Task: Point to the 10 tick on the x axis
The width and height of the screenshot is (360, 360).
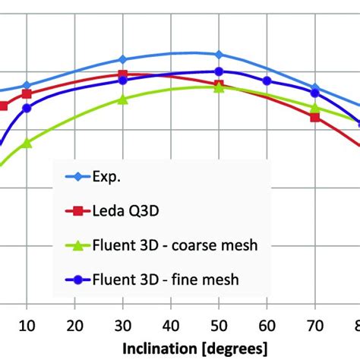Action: (27, 326)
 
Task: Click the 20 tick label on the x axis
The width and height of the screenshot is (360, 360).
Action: (74, 326)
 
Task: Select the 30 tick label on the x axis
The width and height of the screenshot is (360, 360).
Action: (122, 326)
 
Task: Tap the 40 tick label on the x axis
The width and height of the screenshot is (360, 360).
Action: (171, 326)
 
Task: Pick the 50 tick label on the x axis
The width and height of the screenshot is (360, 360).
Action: (219, 326)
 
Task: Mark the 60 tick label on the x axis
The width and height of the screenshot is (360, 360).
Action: (267, 326)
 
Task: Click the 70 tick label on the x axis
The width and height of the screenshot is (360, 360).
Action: (314, 326)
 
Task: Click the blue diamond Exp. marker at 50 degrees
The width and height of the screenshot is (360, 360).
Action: (219, 55)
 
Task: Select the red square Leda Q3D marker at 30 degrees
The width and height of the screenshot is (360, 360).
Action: (122, 74)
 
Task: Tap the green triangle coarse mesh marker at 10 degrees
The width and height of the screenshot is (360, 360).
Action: (27, 143)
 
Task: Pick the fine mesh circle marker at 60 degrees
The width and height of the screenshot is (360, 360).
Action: (267, 81)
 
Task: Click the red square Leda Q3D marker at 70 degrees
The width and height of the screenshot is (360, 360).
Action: (314, 116)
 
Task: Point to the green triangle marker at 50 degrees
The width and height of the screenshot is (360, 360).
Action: (219, 87)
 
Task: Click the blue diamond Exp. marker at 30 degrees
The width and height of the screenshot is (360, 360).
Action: (122, 59)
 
